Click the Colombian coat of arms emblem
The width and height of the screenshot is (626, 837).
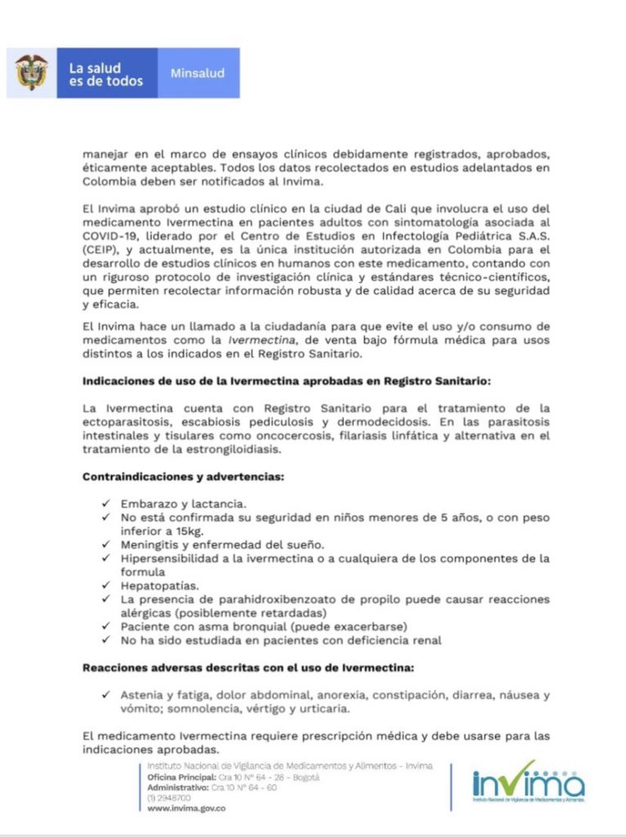pos(31,73)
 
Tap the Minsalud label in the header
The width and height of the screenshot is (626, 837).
pos(197,74)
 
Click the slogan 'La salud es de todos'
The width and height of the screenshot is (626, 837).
pos(106,74)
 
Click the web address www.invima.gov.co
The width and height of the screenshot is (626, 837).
pos(186,808)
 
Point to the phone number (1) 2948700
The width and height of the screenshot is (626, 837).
pos(169,797)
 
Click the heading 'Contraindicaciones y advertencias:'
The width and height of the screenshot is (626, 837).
pos(182,476)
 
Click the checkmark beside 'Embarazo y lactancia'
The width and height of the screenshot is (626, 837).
pos(106,504)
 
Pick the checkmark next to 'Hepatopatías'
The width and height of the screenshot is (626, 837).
pos(106,585)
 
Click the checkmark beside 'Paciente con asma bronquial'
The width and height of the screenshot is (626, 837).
pos(106,626)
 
